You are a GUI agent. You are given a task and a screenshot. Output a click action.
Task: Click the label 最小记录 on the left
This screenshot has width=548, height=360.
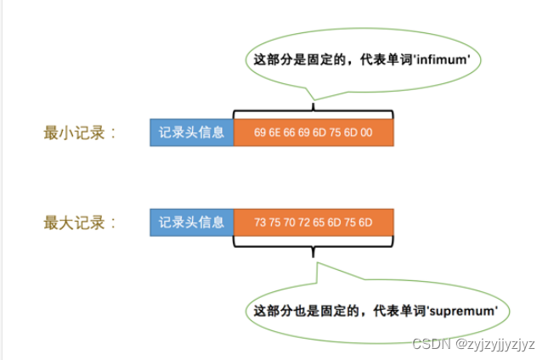pyautogui.click(x=79, y=132)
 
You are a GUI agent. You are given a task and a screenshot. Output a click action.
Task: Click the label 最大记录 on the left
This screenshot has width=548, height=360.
pyautogui.click(x=79, y=222)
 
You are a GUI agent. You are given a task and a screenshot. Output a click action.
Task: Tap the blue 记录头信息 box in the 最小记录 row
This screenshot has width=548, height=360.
pyautogui.click(x=191, y=132)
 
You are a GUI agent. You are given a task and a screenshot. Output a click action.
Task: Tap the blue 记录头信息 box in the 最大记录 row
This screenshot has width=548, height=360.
pyautogui.click(x=191, y=222)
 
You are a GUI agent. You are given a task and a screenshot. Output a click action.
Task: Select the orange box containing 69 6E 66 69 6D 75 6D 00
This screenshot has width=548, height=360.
pyautogui.click(x=313, y=132)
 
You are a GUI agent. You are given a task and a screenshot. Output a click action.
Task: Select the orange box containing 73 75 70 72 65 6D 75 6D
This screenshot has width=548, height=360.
pyautogui.click(x=313, y=222)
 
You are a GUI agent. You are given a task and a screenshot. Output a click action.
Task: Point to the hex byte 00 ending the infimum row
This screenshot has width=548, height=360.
pyautogui.click(x=366, y=133)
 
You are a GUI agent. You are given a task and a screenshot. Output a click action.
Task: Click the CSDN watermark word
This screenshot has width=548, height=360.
pyautogui.click(x=429, y=344)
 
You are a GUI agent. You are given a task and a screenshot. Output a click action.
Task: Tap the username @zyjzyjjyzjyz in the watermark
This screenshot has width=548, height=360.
pyautogui.click(x=495, y=344)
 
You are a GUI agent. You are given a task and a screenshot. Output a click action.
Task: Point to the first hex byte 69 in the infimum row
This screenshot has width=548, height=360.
pyautogui.click(x=260, y=133)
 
